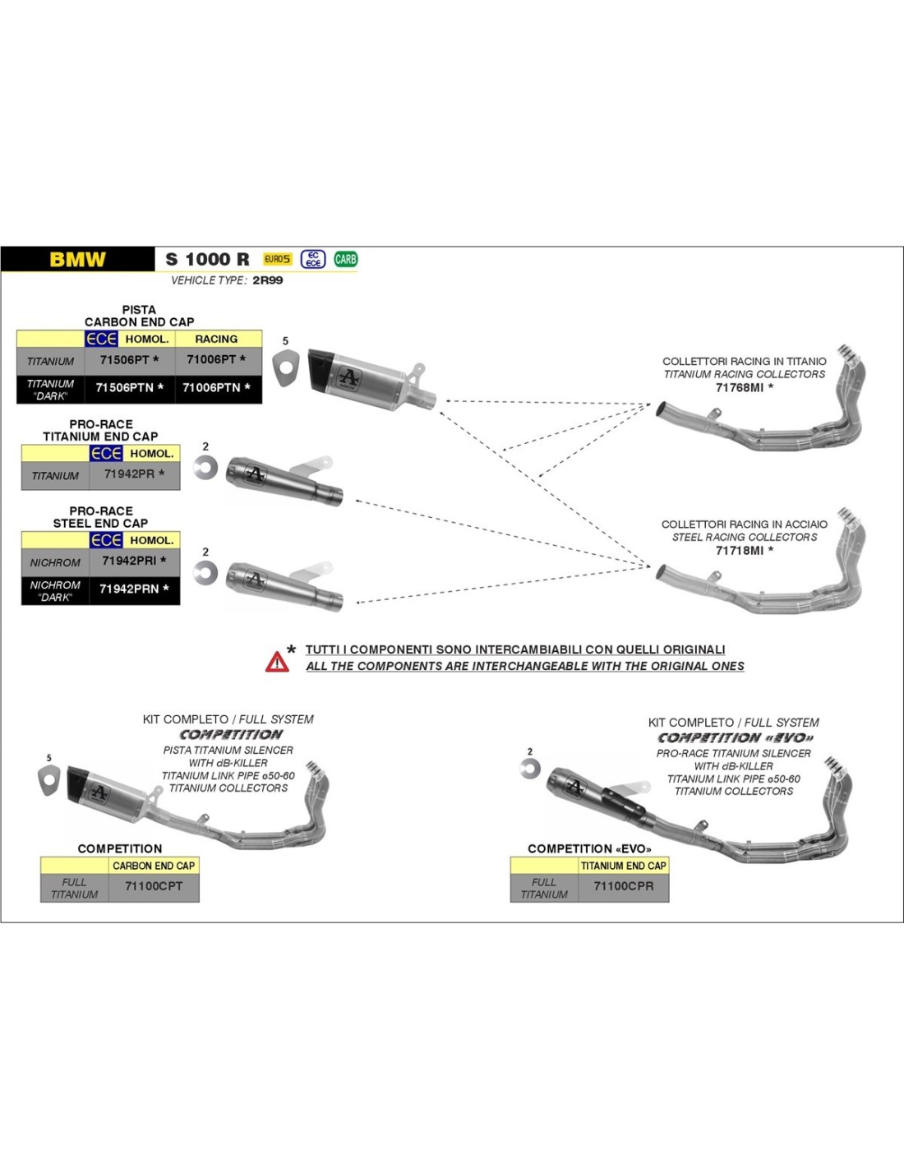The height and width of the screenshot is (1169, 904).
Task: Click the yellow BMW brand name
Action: coord(77,260)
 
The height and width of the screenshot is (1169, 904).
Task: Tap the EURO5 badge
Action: coord(277,259)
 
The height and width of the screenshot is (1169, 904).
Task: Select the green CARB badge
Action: coord(345,259)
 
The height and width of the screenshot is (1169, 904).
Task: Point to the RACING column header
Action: coord(216,339)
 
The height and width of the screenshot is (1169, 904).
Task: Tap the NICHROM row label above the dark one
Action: coord(55,563)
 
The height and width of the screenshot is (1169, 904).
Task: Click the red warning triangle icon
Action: coord(277,661)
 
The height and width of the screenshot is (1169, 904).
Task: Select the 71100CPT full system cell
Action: coord(154,886)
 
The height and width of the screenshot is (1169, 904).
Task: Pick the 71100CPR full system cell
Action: coord(624,886)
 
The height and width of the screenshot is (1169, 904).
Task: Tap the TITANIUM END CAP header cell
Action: coord(624,866)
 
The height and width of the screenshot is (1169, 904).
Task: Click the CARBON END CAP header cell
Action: coord(154,866)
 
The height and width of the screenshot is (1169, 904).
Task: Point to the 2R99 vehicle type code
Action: coord(268,280)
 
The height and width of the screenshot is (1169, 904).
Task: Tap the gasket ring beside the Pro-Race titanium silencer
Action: coord(205,468)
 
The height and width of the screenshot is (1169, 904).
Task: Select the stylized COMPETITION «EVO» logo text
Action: coord(736,738)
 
